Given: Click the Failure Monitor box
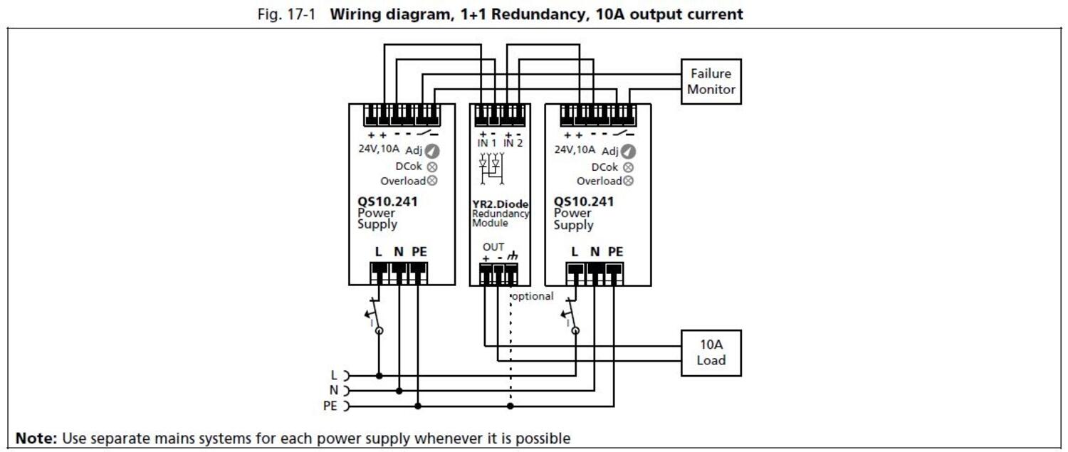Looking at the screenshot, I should pyautogui.click(x=711, y=81).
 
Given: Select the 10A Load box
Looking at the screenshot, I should pyautogui.click(x=711, y=352).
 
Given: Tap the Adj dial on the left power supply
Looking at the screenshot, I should pyautogui.click(x=431, y=151).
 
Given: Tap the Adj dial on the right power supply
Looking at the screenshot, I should pyautogui.click(x=628, y=152).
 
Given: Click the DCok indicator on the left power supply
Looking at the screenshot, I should pyautogui.click(x=431, y=167).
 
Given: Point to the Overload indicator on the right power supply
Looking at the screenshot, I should pyautogui.click(x=628, y=181).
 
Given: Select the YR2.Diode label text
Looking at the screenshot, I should pyautogui.click(x=500, y=204).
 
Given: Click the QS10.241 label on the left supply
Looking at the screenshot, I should pyautogui.click(x=387, y=201).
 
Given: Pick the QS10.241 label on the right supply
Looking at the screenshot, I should pyautogui.click(x=584, y=201).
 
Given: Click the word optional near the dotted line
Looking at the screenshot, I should pyautogui.click(x=533, y=296).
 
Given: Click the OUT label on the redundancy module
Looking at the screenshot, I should pyautogui.click(x=493, y=247).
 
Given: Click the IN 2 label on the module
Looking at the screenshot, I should pyautogui.click(x=513, y=143).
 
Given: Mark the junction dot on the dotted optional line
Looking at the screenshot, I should pyautogui.click(x=510, y=406).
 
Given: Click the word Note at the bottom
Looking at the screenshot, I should pyautogui.click(x=36, y=438).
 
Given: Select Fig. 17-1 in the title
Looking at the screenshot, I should pyautogui.click(x=289, y=14).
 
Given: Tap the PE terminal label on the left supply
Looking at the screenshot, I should pyautogui.click(x=419, y=251).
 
